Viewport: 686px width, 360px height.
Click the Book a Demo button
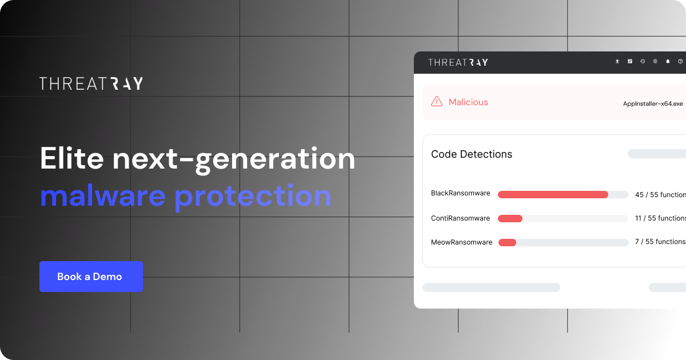tap(91, 277)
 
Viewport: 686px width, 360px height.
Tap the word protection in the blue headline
tap(253, 196)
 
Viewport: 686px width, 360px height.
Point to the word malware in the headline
tap(103, 196)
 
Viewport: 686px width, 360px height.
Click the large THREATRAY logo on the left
tap(91, 83)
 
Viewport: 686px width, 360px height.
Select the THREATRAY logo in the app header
tap(458, 62)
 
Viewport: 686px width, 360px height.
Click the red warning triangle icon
tap(437, 102)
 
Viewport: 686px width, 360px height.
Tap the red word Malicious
tap(468, 102)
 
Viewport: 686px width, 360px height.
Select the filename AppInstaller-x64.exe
tap(653, 103)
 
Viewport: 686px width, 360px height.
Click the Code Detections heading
tap(472, 154)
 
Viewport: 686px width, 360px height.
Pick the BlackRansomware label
tap(460, 193)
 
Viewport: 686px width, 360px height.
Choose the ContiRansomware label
tap(460, 218)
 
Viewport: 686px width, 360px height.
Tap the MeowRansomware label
tap(461, 242)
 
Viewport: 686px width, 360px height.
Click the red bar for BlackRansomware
tap(553, 195)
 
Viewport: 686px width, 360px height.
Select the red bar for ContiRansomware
tap(510, 219)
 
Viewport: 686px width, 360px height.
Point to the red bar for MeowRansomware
tap(507, 243)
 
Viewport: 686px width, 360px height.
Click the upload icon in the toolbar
tap(617, 62)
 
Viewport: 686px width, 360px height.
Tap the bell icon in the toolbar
tap(668, 62)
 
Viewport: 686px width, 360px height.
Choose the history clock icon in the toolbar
tap(643, 62)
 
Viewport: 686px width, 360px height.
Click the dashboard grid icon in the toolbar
tap(630, 62)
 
